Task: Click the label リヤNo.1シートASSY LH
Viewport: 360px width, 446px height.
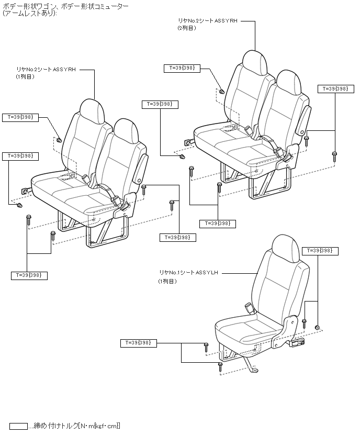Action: coord(189,273)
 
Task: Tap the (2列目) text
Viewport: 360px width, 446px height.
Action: coord(186,28)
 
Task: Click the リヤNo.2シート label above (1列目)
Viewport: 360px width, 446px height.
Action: coord(46,69)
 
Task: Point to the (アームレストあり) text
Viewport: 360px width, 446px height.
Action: coord(29,13)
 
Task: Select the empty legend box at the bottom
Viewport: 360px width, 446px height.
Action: coord(18,426)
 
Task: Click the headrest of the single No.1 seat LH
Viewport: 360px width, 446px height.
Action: coord(286,246)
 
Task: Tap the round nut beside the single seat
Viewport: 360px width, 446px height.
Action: coord(317,327)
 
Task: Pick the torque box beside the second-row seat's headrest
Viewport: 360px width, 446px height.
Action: coord(182,68)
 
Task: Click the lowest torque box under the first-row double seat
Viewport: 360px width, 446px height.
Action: coord(29,275)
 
